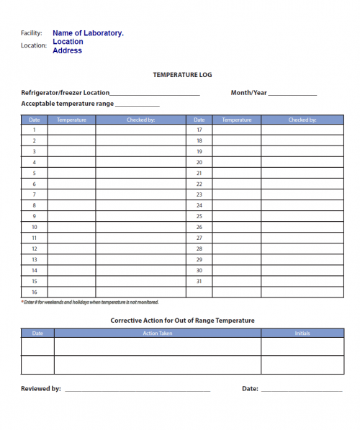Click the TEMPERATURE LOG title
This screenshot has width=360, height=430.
182,75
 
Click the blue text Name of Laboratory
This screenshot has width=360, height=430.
88,33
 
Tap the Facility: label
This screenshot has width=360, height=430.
32,33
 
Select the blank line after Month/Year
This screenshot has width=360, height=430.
292,94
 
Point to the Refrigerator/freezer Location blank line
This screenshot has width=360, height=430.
155,94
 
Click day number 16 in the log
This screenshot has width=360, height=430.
35,292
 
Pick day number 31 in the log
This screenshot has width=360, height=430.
199,281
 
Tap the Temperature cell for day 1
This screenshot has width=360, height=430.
72,130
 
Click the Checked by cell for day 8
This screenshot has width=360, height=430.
140,205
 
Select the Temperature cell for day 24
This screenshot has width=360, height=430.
237,205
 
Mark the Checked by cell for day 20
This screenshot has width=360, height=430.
302,163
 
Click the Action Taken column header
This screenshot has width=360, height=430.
157,333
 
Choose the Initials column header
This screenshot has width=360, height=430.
302,333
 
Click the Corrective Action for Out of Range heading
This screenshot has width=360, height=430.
182,321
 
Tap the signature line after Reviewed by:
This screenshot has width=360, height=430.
137,390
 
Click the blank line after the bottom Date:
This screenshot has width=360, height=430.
301,390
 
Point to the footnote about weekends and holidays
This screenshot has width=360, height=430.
90,303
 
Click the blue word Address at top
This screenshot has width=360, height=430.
67,50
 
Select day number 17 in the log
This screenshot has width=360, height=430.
199,130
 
